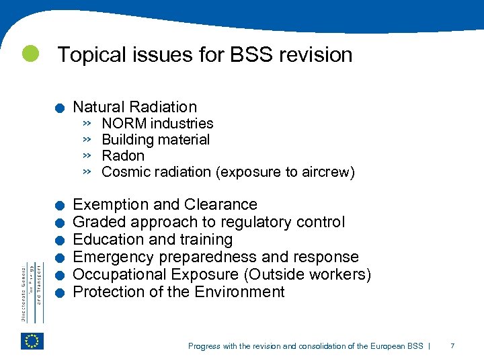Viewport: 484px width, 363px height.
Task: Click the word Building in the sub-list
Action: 126,140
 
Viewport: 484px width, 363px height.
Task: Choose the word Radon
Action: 123,156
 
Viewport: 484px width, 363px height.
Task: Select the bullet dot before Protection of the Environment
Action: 60,293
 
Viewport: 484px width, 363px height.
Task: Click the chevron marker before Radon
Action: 87,155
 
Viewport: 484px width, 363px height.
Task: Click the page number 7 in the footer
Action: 452,346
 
